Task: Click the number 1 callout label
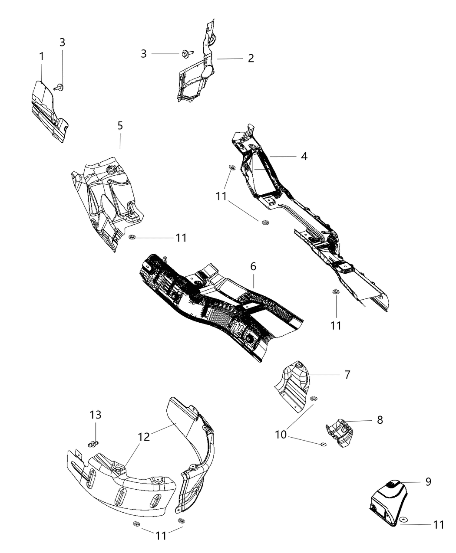click(x=41, y=56)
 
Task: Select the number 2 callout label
click(x=251, y=58)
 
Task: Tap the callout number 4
click(x=304, y=156)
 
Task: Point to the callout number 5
click(x=120, y=126)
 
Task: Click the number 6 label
click(x=253, y=266)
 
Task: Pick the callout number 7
click(x=347, y=374)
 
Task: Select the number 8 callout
click(x=380, y=420)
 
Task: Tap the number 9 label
click(x=428, y=482)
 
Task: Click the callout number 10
click(x=281, y=434)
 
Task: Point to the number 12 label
click(x=144, y=437)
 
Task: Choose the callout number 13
click(x=96, y=415)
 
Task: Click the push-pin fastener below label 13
click(x=93, y=443)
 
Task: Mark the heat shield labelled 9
click(x=387, y=503)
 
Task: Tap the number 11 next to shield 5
click(x=181, y=238)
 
